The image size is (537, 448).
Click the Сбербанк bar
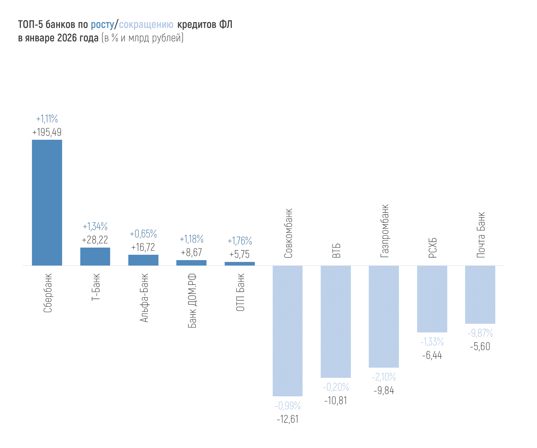coord(47,202)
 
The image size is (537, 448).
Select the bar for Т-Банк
coord(95,256)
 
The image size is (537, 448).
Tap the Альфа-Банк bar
coord(143,260)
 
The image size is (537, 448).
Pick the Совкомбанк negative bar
coord(287,331)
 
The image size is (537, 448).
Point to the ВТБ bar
coord(336,321)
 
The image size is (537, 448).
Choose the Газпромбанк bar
coord(384,316)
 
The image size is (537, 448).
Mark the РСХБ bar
coord(432,299)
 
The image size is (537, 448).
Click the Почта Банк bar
coord(480,294)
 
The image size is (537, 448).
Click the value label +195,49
coord(47,132)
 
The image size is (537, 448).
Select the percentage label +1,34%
coord(95,227)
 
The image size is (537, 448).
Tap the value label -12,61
coord(287,419)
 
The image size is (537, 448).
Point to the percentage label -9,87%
coord(480,333)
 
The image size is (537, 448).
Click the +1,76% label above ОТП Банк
coord(240,241)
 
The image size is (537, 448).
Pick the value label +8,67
coord(191,253)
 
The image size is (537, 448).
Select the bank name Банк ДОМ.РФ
coord(192,300)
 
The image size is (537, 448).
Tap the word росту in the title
coord(102,25)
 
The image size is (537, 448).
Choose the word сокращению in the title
coord(146,25)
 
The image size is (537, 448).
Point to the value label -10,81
coord(336,401)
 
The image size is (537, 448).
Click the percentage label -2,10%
coord(384,377)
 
